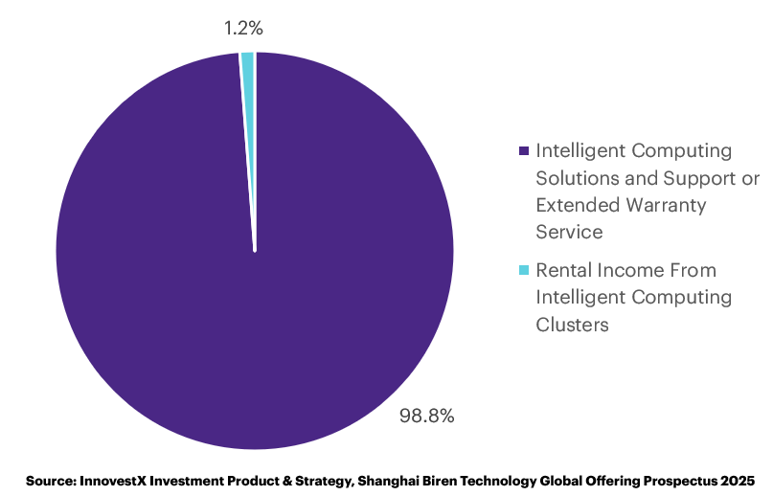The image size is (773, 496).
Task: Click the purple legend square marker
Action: [523, 151]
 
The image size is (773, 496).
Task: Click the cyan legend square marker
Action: [523, 270]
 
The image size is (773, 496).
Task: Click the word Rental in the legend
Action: [564, 270]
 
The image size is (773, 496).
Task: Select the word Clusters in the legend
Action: [573, 325]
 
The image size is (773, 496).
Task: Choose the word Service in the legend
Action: [570, 231]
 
